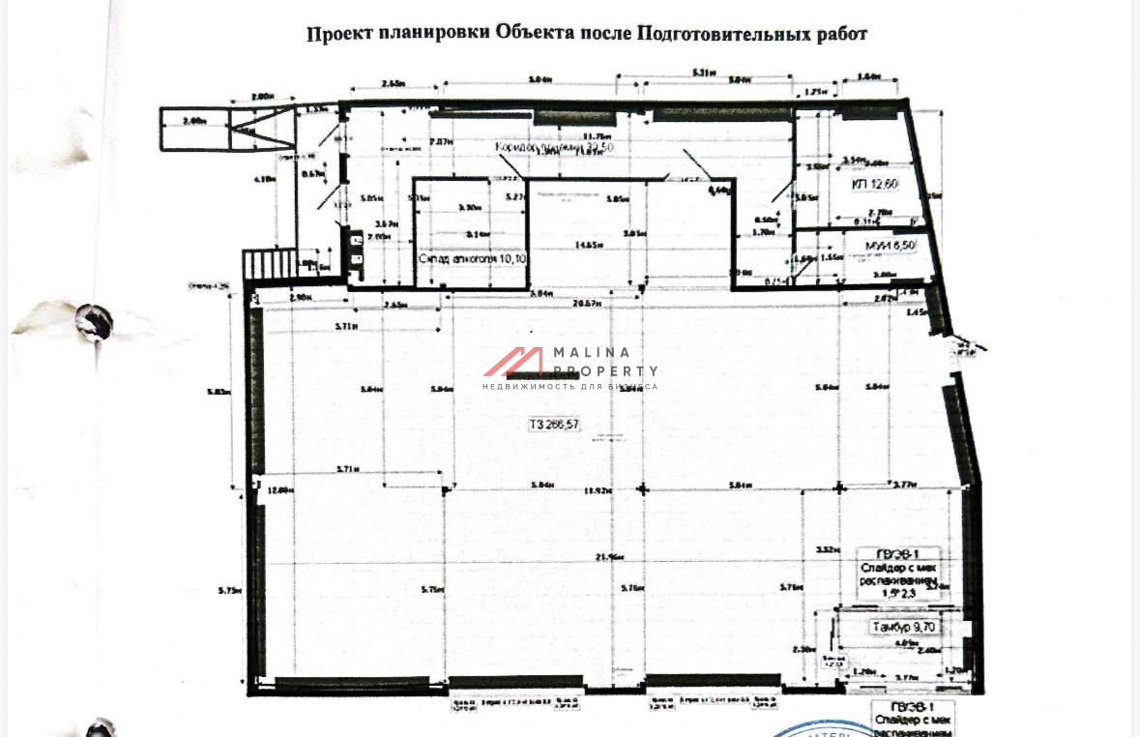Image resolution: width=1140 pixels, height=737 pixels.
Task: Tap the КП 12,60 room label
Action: (x=875, y=184)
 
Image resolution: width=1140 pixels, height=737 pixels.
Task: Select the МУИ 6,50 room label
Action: (x=890, y=247)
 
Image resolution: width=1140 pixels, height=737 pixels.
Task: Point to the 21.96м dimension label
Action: (x=607, y=557)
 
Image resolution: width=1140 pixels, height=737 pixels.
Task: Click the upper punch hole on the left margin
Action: (x=93, y=322)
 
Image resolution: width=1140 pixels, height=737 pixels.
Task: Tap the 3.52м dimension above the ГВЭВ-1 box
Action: (x=825, y=549)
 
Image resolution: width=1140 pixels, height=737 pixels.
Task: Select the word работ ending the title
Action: (x=842, y=34)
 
